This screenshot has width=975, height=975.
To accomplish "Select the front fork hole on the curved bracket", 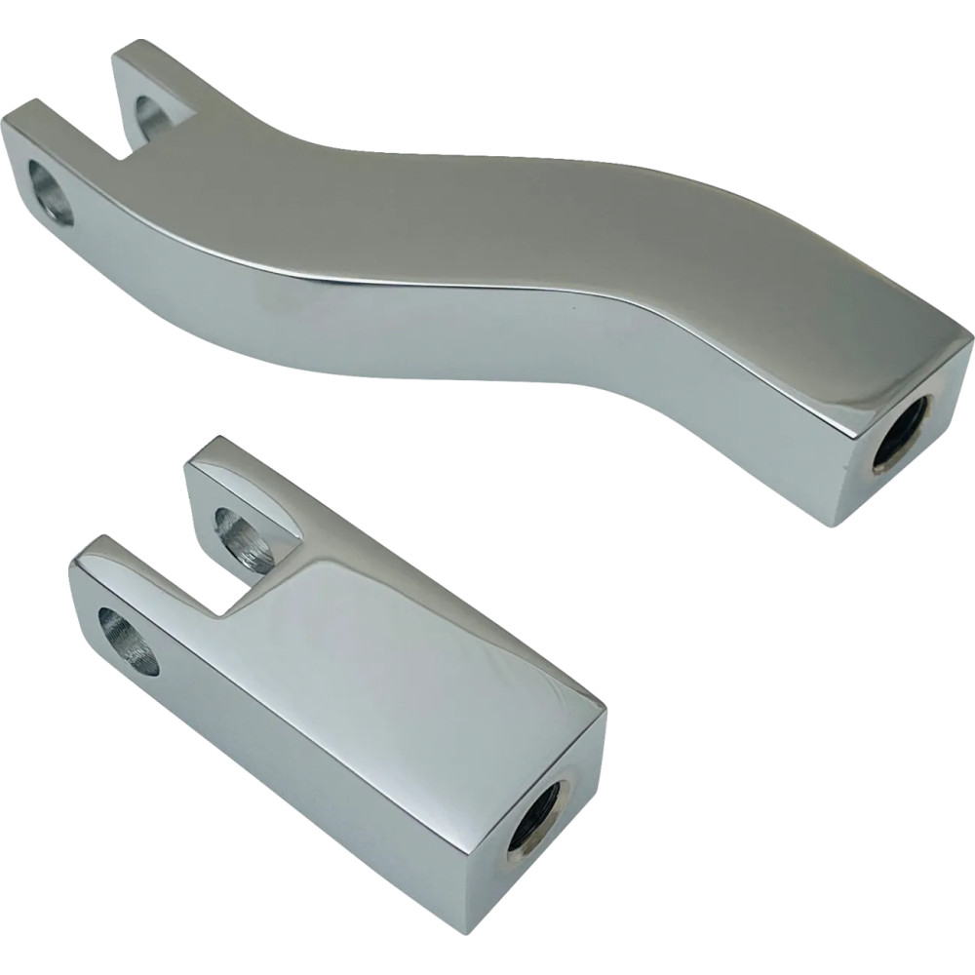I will pyautogui.click(x=50, y=192).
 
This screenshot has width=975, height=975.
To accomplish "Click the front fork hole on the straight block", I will pyautogui.click(x=129, y=640).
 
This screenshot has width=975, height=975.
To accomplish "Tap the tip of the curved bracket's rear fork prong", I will pyautogui.click(x=136, y=49).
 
